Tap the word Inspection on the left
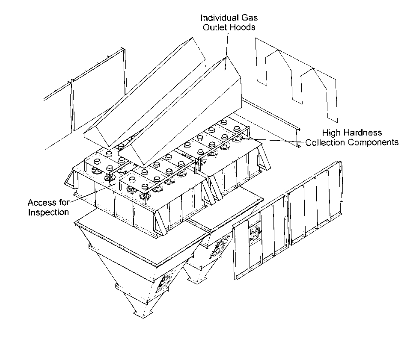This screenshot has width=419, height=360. (x=48, y=212)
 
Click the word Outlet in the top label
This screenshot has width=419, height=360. (x=215, y=27)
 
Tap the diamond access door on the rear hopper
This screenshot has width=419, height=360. (x=221, y=247)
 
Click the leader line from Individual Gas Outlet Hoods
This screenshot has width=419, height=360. (x=226, y=51)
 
